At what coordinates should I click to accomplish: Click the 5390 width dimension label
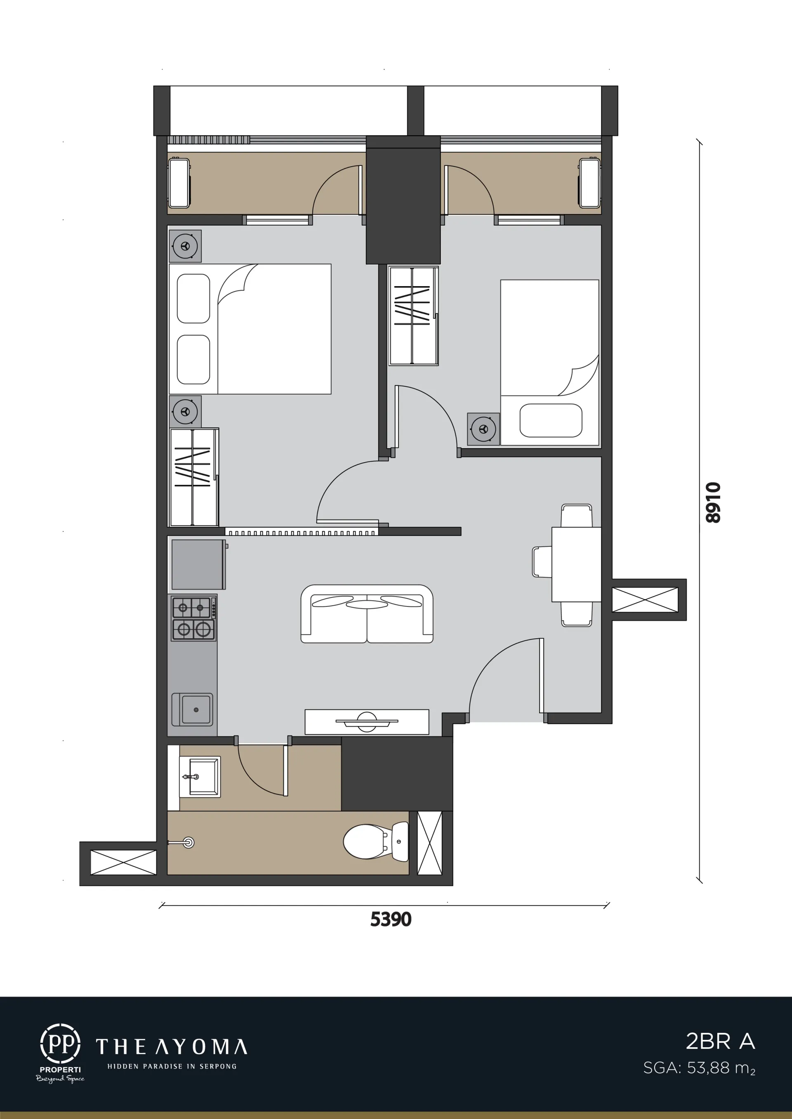point(391,919)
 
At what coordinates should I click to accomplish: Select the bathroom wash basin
point(200,777)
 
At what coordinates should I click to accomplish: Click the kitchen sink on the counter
point(192,710)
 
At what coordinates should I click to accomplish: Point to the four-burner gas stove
point(193,619)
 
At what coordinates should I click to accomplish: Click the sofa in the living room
point(367,614)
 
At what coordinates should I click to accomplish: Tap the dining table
point(576,564)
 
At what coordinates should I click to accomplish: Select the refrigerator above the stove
point(198,564)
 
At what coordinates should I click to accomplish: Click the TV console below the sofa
point(367,722)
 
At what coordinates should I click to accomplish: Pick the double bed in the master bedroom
point(250,329)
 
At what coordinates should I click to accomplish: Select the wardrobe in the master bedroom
point(193,477)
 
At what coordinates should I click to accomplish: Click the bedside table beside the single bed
point(483,429)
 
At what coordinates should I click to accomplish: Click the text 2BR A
point(720,1041)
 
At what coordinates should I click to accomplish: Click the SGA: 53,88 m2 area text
point(699,1068)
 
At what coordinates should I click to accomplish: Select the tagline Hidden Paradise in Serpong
point(172,1066)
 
